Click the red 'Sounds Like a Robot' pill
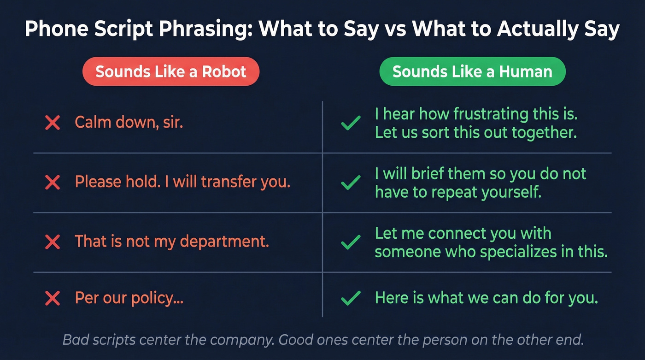(x=170, y=71)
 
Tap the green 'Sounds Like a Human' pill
(x=472, y=71)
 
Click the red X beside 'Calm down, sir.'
(x=53, y=123)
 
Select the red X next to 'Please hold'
(x=53, y=182)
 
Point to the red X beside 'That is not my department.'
(x=53, y=242)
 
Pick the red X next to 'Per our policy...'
(x=53, y=299)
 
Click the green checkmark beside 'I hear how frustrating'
(x=351, y=123)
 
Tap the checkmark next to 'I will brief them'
(x=351, y=183)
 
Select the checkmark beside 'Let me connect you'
(x=351, y=242)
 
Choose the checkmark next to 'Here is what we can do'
(x=351, y=299)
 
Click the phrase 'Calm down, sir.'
(x=129, y=123)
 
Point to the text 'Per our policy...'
(x=129, y=298)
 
